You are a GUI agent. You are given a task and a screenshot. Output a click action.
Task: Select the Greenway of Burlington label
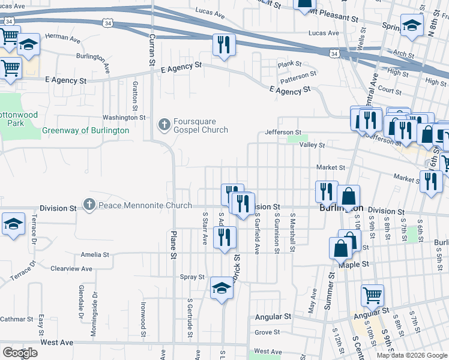85,130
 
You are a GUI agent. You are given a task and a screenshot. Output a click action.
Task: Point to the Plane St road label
173,244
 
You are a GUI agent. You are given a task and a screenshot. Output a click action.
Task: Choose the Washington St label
124,118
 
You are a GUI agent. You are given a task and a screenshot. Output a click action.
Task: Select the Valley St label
312,145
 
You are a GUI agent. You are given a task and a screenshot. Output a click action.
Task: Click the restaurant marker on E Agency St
224,45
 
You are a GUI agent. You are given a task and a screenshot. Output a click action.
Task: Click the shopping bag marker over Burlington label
348,195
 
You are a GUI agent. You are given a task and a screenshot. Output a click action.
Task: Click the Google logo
20,353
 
